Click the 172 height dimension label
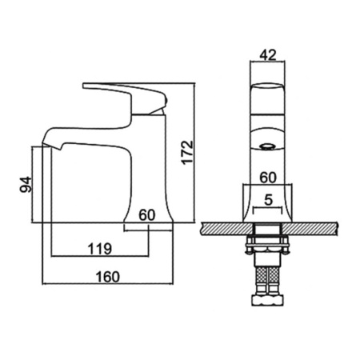(x=187, y=152)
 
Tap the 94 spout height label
(x=26, y=184)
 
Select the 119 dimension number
(x=100, y=249)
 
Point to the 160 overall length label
(x=108, y=277)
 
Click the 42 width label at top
(x=268, y=55)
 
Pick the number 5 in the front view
(x=268, y=200)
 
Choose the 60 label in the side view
(x=147, y=215)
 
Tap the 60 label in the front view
(x=268, y=178)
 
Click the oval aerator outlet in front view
(x=267, y=146)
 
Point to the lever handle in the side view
(x=126, y=98)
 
